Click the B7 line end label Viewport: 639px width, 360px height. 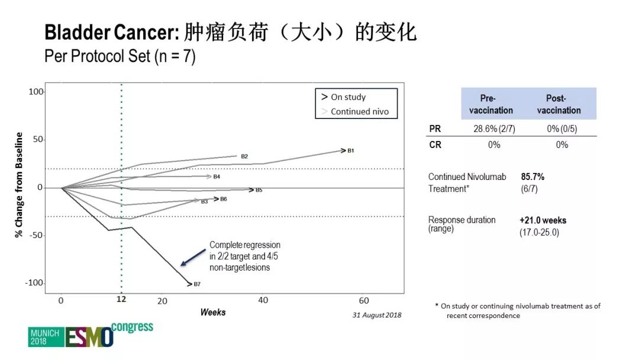point(197,284)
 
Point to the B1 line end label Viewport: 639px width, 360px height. point(350,151)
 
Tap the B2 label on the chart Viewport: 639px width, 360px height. point(244,156)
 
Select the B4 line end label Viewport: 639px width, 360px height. point(217,176)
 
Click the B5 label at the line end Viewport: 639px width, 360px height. point(259,190)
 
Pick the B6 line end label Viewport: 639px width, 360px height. point(223,199)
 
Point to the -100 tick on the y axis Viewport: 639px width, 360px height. point(35,283)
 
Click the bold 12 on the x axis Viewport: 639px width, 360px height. point(121,300)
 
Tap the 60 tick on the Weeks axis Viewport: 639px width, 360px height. point(364,300)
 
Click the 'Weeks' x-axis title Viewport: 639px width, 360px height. point(212,312)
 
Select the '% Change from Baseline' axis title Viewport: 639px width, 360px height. point(19,185)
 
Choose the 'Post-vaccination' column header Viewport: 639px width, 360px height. point(559,104)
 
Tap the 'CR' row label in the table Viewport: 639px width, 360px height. point(435,145)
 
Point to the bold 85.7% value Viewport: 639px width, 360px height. point(532,176)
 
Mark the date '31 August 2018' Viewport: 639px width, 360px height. point(377,315)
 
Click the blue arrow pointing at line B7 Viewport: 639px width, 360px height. point(193,257)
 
